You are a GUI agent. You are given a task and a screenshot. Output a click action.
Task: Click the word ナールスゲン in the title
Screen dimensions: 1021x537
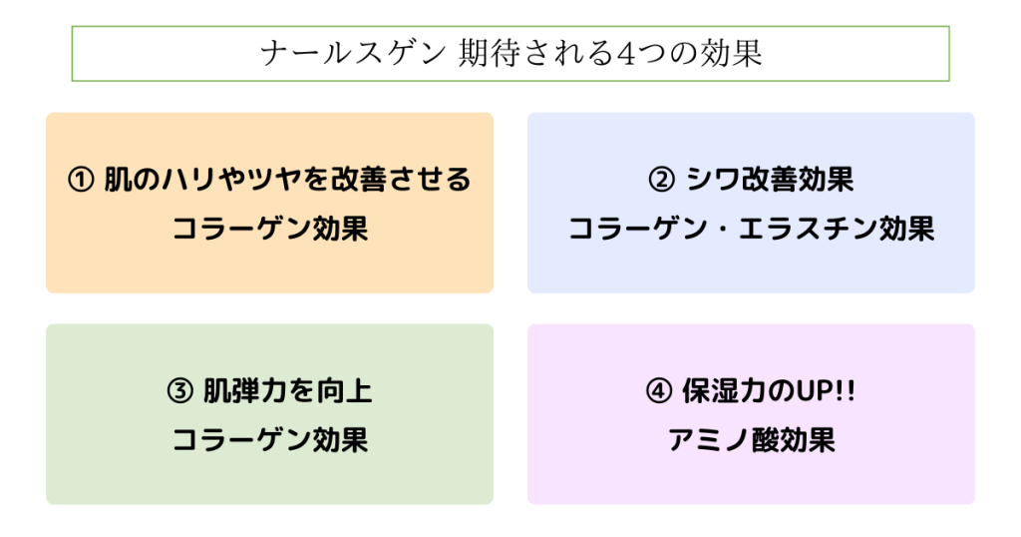(354, 54)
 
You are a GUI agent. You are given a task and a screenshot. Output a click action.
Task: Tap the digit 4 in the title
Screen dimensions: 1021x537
(625, 54)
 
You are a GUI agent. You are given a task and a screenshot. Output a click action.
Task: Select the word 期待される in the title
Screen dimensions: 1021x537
(535, 54)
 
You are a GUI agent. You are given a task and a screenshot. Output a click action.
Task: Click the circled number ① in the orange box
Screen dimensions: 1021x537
(81, 180)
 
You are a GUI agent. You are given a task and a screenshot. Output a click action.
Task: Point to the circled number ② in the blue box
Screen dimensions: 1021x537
(662, 180)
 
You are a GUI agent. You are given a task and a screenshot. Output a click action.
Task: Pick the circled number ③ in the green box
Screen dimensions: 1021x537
(180, 391)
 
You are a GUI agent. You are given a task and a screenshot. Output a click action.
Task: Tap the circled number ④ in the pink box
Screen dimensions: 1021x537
(659, 391)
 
